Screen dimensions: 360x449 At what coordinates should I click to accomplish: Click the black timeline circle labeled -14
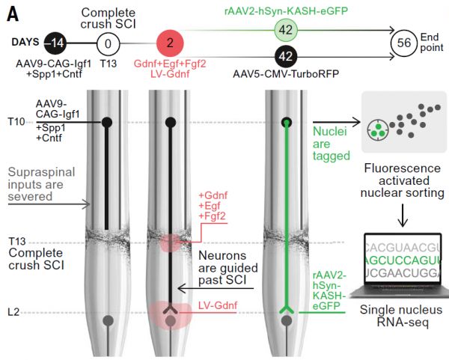click(x=56, y=43)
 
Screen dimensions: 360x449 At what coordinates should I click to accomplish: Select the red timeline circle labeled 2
click(x=170, y=43)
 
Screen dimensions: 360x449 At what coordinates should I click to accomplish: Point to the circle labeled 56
click(x=403, y=43)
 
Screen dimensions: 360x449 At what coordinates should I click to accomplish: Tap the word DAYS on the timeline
click(x=26, y=43)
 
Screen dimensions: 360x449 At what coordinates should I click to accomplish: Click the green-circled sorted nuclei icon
click(x=379, y=129)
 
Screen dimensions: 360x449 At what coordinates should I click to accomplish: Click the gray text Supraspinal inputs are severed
click(x=41, y=184)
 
